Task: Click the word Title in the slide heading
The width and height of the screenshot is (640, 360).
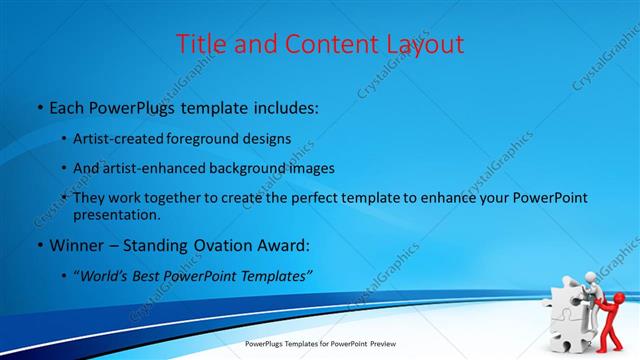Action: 200,44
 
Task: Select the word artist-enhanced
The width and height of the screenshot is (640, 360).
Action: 152,168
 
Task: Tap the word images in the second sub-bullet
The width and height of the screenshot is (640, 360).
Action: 308,168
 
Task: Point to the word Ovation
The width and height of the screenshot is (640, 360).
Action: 226,245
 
